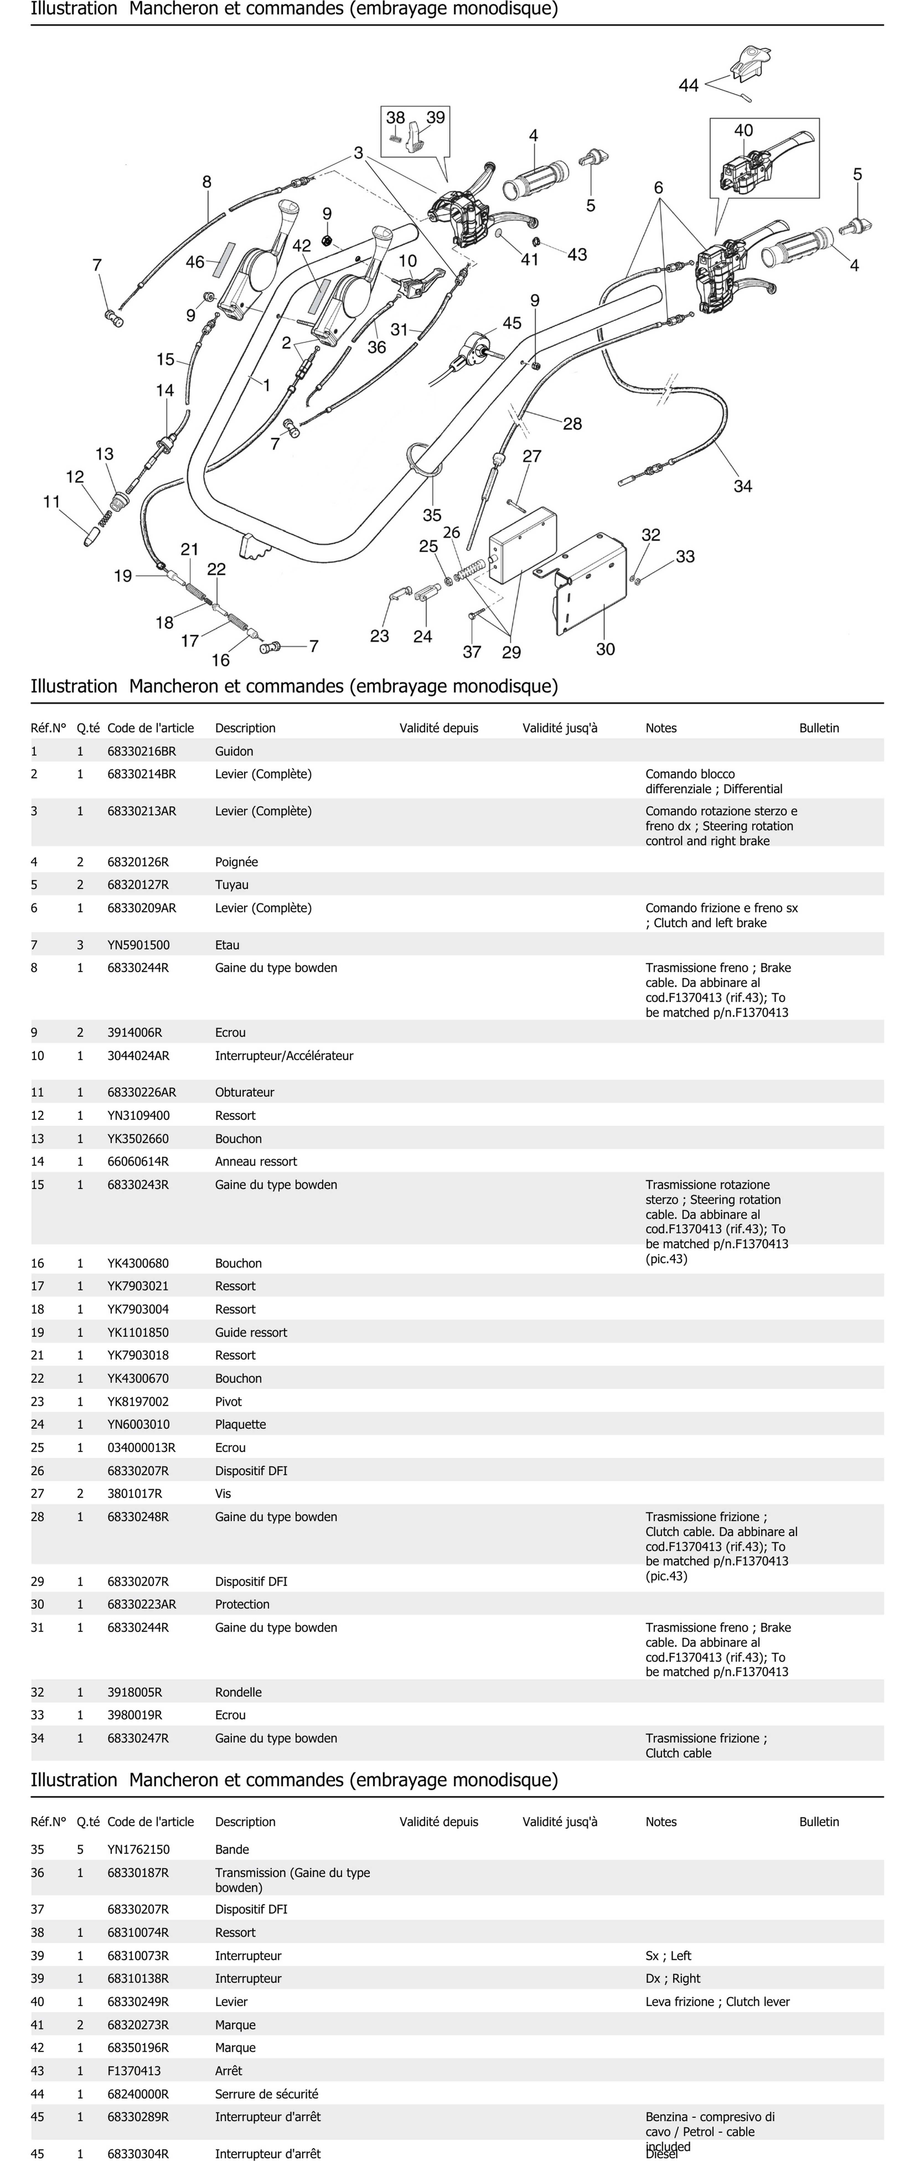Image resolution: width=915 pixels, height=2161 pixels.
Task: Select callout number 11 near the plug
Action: pyautogui.click(x=52, y=502)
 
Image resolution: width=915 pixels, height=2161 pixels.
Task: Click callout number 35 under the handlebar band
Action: pyautogui.click(x=432, y=515)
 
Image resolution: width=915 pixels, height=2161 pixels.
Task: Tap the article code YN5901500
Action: pyautogui.click(x=138, y=945)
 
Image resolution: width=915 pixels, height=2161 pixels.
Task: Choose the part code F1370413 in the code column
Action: pyautogui.click(x=134, y=2071)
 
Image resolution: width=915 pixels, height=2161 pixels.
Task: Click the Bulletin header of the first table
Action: pyautogui.click(x=819, y=728)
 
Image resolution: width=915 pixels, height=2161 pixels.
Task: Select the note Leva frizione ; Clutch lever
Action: pyautogui.click(x=717, y=2002)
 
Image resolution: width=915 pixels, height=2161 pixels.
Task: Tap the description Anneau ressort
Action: pyautogui.click(x=256, y=1162)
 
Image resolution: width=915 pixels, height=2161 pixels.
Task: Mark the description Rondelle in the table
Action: pyautogui.click(x=238, y=1693)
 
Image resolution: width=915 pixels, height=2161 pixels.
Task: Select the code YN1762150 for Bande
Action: pyautogui.click(x=138, y=1850)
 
